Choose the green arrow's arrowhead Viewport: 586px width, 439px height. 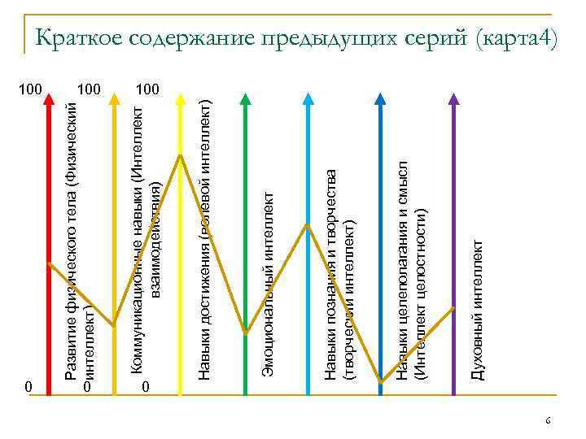pos(244,100)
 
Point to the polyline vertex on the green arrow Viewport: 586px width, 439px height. pos(245,332)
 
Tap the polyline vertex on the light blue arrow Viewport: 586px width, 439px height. pos(308,224)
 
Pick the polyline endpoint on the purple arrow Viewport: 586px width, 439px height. pos(453,308)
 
